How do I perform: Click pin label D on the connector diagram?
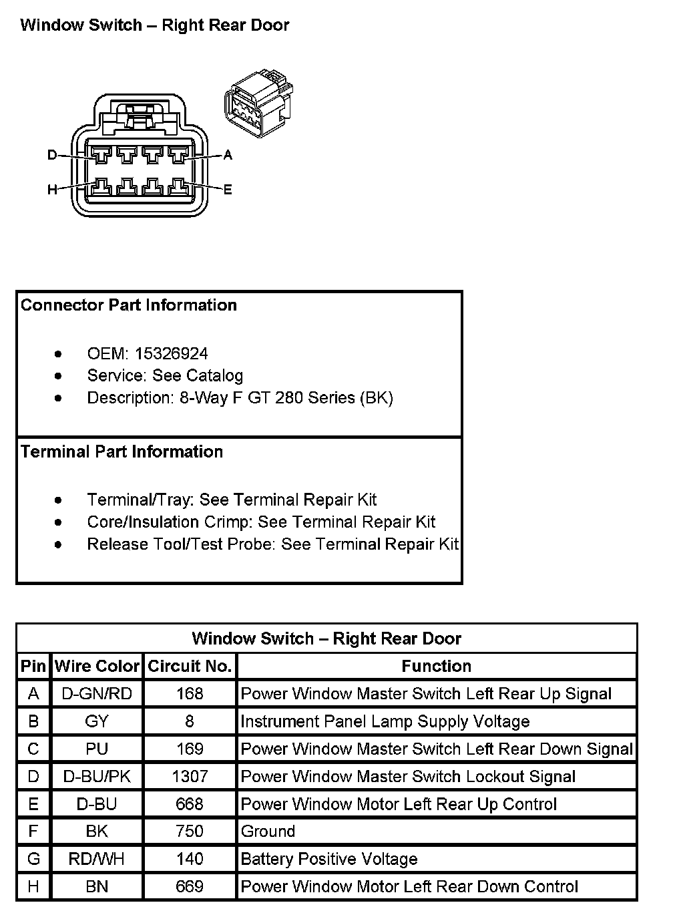(x=52, y=155)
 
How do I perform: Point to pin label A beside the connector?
(x=228, y=155)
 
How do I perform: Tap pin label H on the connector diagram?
(x=52, y=190)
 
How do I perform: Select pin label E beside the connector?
(x=228, y=190)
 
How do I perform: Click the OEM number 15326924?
(x=171, y=353)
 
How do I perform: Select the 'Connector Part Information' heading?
(x=129, y=305)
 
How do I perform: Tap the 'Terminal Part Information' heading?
(x=122, y=451)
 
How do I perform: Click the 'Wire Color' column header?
(x=97, y=666)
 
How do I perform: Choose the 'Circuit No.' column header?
(x=190, y=666)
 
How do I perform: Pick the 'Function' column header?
(x=437, y=666)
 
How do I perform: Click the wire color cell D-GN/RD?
(x=97, y=694)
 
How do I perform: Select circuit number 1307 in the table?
(x=190, y=776)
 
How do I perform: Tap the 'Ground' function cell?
(x=268, y=832)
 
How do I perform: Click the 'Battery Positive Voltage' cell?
(x=329, y=859)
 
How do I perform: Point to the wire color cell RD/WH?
(x=97, y=859)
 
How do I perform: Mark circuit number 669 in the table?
(x=190, y=886)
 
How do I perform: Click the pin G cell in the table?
(x=33, y=859)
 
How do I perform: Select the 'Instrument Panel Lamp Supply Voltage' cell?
(x=385, y=721)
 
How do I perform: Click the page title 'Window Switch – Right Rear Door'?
(x=155, y=25)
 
